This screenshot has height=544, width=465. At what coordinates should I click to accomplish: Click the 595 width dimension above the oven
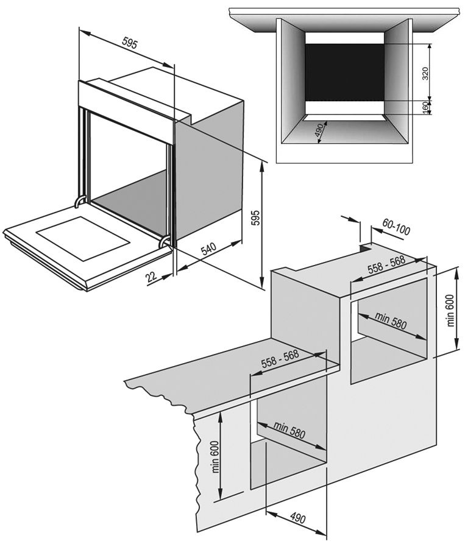click(x=130, y=43)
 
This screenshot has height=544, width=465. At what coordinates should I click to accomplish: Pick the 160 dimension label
click(x=425, y=107)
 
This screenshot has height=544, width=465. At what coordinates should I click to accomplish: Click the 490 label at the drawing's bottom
click(x=297, y=518)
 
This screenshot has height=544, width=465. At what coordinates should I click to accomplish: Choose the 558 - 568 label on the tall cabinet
click(x=386, y=267)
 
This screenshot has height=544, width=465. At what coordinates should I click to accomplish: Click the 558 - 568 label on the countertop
click(x=279, y=361)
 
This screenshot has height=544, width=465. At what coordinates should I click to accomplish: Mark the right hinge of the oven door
click(x=165, y=241)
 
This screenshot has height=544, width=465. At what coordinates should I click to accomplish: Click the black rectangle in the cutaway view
click(x=344, y=72)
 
